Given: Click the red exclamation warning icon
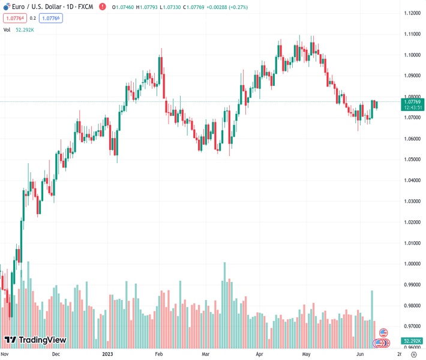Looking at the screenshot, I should (102, 7).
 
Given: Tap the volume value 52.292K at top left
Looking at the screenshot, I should (25, 29).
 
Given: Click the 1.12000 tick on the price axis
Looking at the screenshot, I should (412, 13).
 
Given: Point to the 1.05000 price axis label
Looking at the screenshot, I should (412, 160).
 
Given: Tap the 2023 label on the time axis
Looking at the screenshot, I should (109, 354).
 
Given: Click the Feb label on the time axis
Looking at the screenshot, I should (159, 354).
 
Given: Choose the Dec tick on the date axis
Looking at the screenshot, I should (56, 354).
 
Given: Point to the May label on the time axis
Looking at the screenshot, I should (306, 354).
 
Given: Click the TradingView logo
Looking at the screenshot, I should (35, 341).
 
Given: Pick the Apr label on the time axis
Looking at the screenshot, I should (259, 354).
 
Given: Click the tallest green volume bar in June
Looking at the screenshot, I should (372, 318).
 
